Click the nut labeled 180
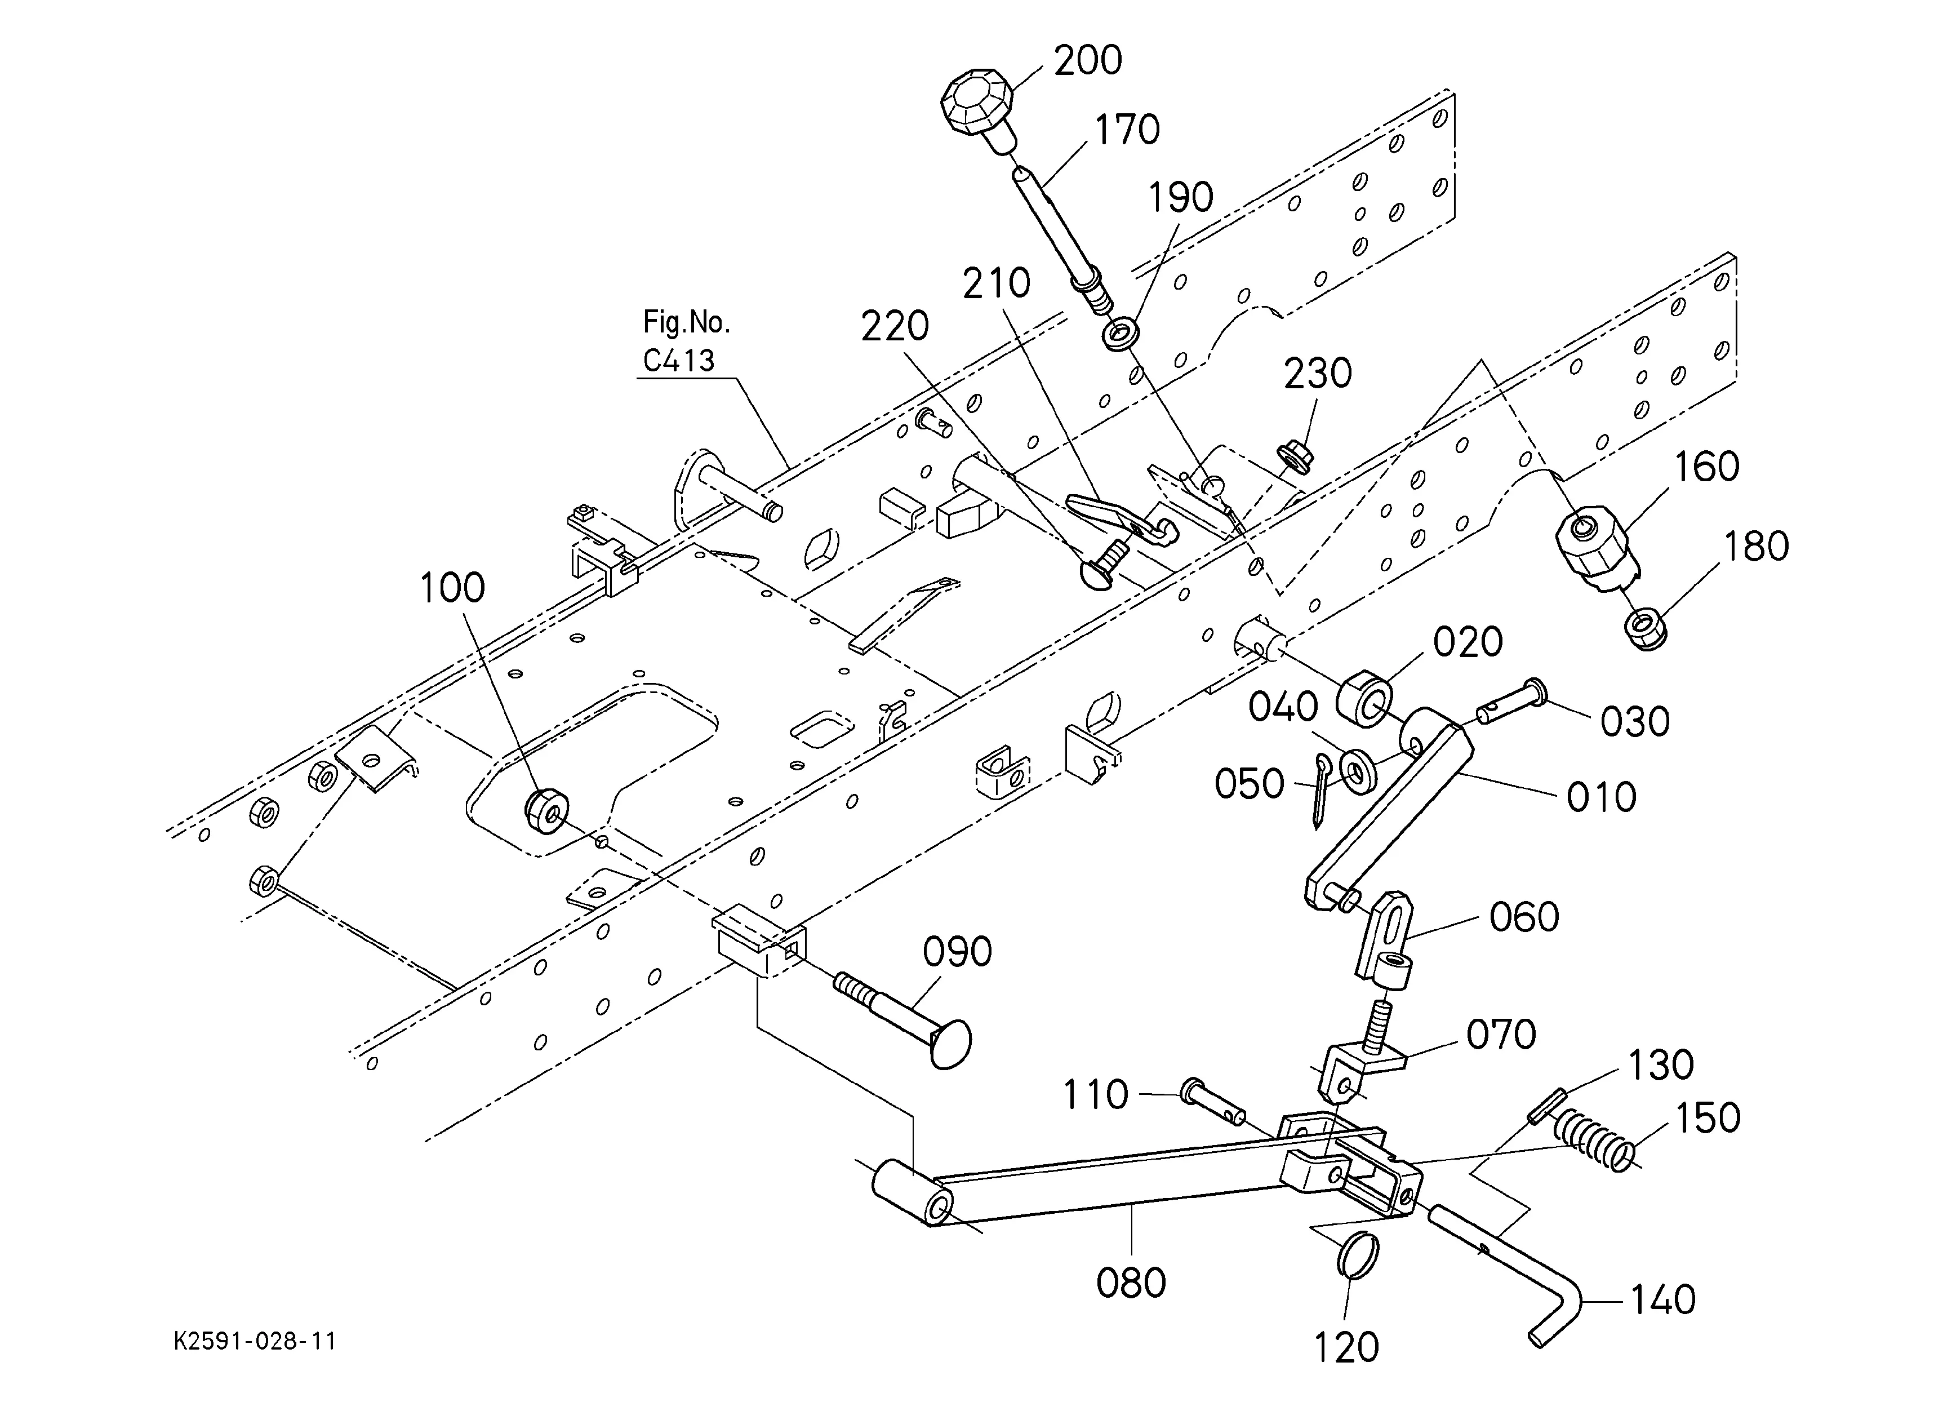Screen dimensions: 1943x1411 (x=1645, y=629)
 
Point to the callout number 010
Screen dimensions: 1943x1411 (x=1601, y=797)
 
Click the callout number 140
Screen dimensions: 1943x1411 (x=1662, y=1299)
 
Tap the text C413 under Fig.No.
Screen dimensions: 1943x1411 (x=678, y=361)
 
